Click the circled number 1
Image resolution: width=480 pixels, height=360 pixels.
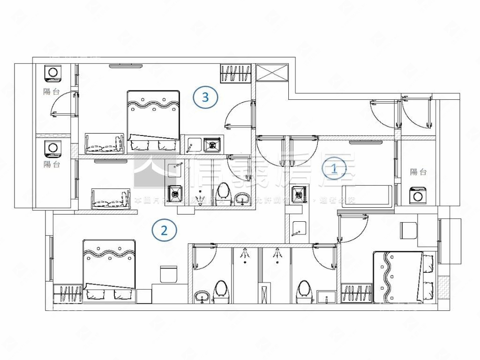coord(334,169)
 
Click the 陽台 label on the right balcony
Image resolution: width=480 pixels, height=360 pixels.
coord(418,172)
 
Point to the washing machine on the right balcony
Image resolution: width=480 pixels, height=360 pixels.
coord(418,195)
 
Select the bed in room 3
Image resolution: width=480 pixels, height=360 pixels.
coord(153,120)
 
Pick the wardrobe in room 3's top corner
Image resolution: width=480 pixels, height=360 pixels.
coord(234,74)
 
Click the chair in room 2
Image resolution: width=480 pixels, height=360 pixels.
coord(168,274)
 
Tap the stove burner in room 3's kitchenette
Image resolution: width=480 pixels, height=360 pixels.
coord(212,144)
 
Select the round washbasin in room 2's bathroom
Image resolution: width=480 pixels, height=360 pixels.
coord(202,296)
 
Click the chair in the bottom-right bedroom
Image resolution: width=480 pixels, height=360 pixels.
coord(408,231)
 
